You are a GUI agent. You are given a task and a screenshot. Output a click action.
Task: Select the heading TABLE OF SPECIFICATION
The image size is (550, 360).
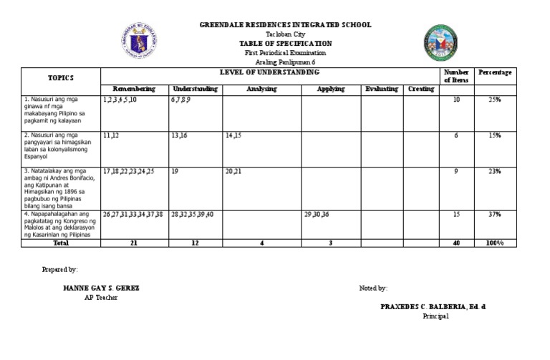[285, 44]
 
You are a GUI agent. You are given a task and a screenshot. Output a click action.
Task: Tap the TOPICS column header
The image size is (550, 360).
[61, 77]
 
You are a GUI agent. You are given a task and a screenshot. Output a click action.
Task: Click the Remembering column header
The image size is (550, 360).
[134, 89]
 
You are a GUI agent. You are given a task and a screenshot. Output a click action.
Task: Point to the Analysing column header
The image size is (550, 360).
[261, 89]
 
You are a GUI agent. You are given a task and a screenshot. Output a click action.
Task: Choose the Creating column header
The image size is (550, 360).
[420, 89]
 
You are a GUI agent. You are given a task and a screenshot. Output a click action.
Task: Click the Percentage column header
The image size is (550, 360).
[495, 73]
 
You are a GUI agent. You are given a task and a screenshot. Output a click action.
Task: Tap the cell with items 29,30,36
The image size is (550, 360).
[317, 215]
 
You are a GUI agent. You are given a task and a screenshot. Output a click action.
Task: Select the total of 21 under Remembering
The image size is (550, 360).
[134, 243]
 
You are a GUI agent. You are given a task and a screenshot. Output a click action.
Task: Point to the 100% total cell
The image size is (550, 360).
[495, 243]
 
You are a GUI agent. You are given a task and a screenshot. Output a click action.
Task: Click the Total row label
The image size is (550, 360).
[61, 243]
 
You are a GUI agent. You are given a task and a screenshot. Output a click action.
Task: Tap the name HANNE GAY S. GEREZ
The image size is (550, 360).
[101, 288]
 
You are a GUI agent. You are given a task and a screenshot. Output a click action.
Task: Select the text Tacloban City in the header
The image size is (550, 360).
[285, 34]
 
